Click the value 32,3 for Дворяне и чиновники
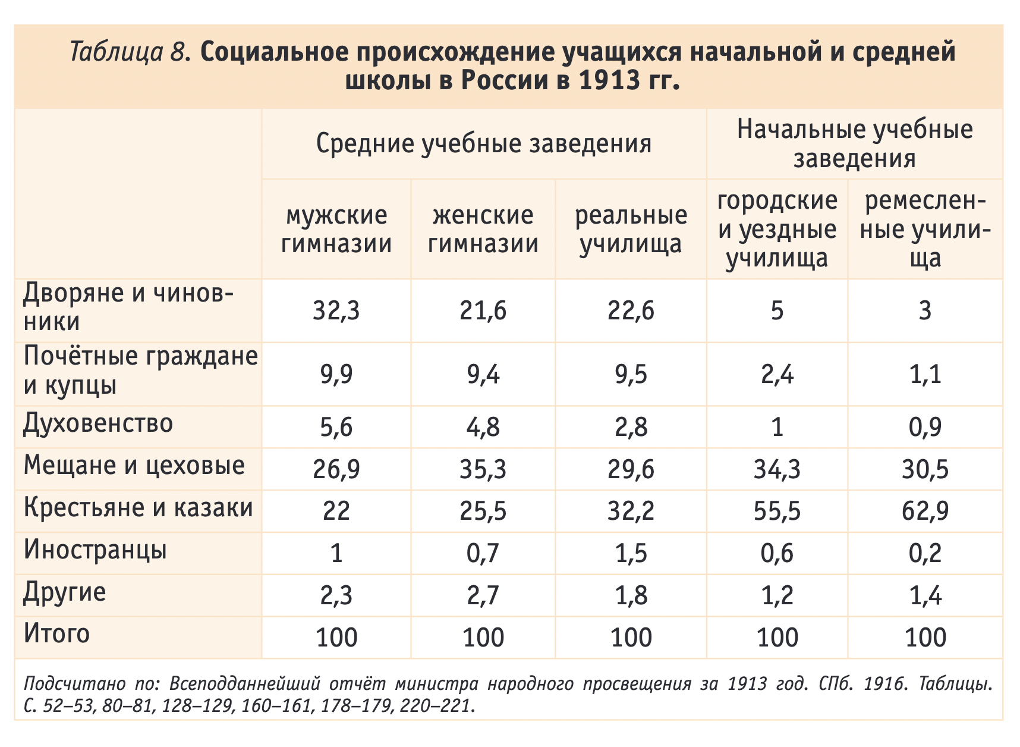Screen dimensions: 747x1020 (336, 311)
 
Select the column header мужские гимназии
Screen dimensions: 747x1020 (336, 229)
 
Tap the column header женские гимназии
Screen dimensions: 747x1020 (483, 229)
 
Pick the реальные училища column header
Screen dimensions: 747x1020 (631, 229)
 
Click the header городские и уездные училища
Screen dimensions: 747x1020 (777, 229)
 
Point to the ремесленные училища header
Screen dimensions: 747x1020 (925, 229)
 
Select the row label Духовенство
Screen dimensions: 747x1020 (98, 423)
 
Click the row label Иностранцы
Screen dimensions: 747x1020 (95, 550)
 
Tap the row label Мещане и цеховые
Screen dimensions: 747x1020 (134, 465)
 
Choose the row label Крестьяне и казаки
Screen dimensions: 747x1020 (138, 508)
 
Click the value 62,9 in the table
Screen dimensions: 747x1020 (925, 511)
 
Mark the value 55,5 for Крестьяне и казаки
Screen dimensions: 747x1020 (777, 511)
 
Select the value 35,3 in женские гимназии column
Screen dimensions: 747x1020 (483, 470)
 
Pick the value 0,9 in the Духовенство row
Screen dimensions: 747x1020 (925, 428)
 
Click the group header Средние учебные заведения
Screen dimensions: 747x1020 (483, 144)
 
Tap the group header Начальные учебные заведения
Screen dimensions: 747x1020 (855, 144)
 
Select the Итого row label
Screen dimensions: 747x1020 (56, 633)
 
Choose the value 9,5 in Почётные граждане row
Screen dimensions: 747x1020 (631, 375)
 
